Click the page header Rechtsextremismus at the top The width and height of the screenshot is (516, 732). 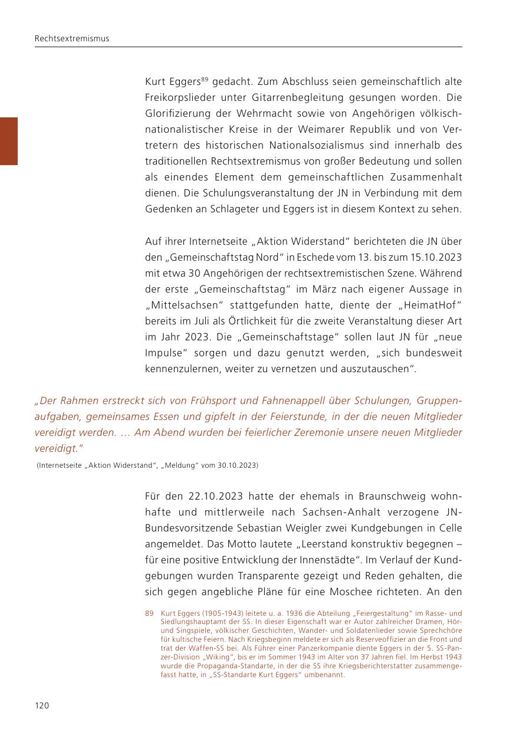click(x=72, y=39)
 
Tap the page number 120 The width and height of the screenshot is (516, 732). click(x=42, y=705)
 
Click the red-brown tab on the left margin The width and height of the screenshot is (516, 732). click(x=9, y=141)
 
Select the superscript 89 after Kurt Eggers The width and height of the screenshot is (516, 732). click(x=205, y=78)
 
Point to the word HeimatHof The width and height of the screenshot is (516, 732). click(x=428, y=305)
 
